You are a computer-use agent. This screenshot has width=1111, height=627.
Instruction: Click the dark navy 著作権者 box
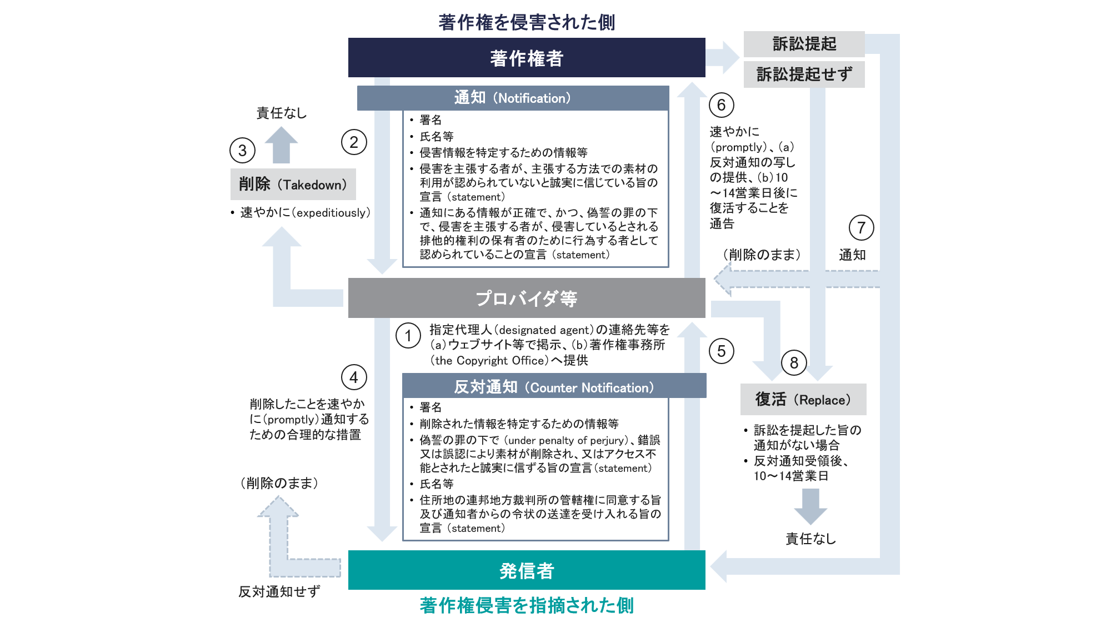526,58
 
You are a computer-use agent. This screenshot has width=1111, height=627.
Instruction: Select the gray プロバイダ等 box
526,298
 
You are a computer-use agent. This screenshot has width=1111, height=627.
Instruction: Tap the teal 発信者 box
526,570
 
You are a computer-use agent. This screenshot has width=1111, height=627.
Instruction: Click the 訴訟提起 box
804,44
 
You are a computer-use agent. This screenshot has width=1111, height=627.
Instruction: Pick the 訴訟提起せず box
804,74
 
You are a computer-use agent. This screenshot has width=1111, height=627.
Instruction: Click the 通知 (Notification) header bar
512,98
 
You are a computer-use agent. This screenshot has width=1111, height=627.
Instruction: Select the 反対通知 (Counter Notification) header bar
553,387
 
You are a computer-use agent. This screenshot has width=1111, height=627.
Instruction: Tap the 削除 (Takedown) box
293,185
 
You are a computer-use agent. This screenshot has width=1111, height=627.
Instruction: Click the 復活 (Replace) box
803,400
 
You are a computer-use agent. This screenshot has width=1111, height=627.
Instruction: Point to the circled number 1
408,336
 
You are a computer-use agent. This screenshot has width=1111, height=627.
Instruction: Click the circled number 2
354,142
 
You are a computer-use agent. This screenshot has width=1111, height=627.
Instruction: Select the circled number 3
242,151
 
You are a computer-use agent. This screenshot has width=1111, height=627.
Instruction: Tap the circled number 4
354,377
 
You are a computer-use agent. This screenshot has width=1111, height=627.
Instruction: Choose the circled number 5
721,351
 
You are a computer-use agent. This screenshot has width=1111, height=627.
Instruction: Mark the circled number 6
721,105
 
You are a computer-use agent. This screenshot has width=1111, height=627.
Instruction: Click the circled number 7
861,228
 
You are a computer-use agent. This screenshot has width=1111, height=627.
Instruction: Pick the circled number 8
794,363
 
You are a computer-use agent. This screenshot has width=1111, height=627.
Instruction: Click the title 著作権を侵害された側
526,22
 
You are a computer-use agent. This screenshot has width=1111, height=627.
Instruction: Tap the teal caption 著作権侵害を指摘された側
526,605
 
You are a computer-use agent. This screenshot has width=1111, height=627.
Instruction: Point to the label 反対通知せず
279,591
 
